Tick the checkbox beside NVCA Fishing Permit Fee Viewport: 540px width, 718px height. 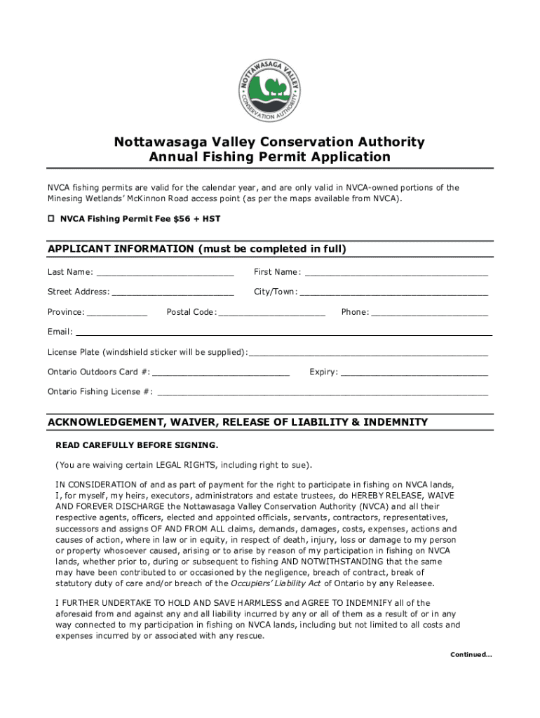pos(50,219)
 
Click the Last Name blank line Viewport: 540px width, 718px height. pos(165,273)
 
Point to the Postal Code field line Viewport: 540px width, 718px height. pos(272,313)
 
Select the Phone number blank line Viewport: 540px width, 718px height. pos(428,313)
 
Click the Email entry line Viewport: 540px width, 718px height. pos(283,333)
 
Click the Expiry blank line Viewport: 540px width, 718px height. pos(414,373)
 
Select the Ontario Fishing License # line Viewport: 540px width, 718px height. pos(323,393)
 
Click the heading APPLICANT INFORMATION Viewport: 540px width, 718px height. pos(197,250)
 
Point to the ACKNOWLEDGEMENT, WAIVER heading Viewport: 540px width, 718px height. pos(237,422)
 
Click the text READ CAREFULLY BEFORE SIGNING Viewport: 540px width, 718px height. pos(137,445)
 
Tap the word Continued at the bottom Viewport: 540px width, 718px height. pos(471,655)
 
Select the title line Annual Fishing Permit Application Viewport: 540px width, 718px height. pos(270,157)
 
